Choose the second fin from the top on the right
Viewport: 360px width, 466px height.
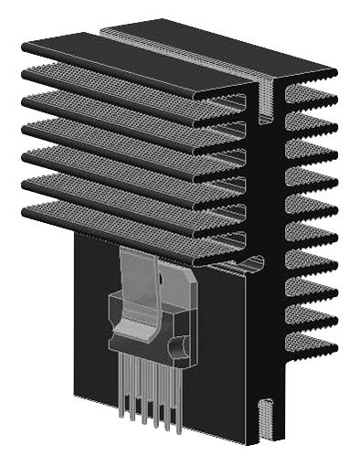(x=311, y=120)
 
